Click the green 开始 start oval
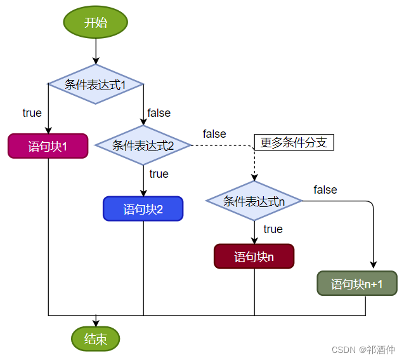click(96, 22)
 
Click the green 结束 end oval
click(96, 338)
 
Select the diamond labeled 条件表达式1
click(96, 84)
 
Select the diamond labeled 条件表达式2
click(143, 145)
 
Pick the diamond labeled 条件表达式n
click(254, 201)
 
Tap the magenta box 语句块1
click(48, 146)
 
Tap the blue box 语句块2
click(143, 209)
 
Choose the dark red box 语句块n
click(254, 257)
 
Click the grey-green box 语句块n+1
click(356, 283)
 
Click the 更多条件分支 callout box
click(294, 142)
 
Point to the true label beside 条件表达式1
click(32, 113)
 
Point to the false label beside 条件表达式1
click(159, 113)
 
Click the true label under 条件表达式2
click(159, 174)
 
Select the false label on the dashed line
click(214, 134)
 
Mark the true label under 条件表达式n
click(273, 229)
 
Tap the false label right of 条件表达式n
click(325, 190)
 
